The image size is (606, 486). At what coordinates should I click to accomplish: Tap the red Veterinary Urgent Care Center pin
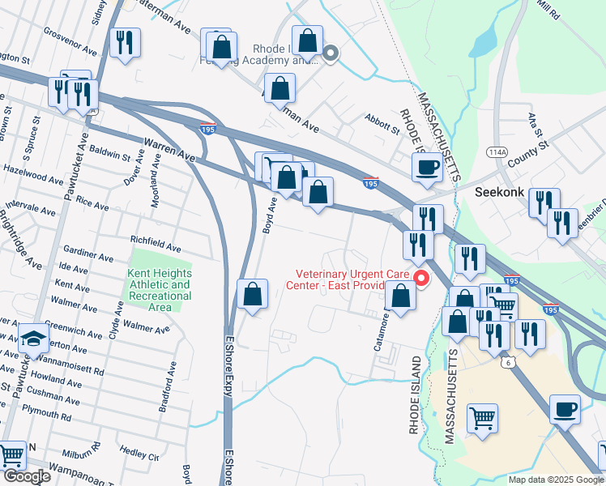click(x=421, y=279)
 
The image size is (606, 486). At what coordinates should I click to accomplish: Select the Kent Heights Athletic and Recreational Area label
click(x=160, y=285)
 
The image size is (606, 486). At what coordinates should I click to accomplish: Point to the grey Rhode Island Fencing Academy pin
click(x=330, y=55)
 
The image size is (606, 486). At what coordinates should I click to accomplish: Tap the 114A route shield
click(x=496, y=151)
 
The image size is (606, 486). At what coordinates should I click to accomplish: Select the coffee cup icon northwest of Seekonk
click(x=426, y=168)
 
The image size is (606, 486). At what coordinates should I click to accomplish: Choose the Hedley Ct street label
click(x=139, y=450)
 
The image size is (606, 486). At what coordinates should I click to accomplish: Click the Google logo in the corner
click(x=26, y=476)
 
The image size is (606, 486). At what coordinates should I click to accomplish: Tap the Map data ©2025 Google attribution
click(x=556, y=480)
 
